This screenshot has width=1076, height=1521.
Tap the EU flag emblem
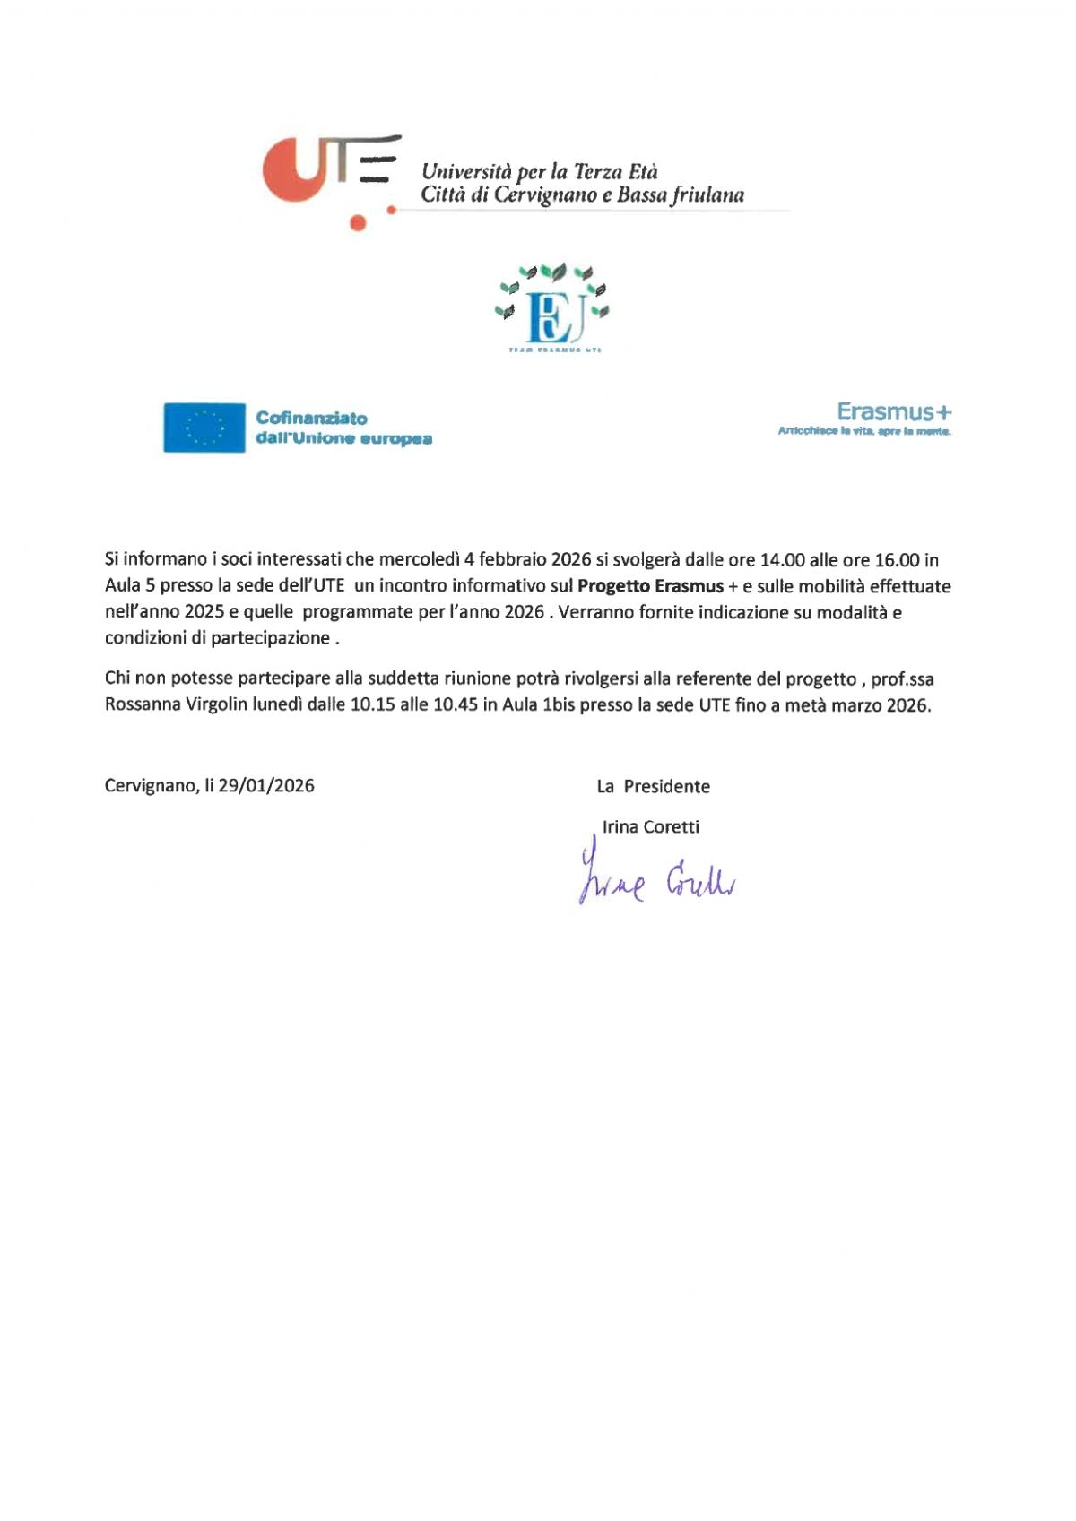[x=204, y=428]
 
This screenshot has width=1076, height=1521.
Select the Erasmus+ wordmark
[x=893, y=412]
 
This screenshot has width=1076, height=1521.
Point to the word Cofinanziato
[x=311, y=418]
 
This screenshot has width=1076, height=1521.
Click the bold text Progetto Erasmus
[x=650, y=586]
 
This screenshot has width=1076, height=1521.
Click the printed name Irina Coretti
[x=650, y=826]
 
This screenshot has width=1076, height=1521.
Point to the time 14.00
[x=782, y=560]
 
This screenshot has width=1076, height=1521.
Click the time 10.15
[x=372, y=704]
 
